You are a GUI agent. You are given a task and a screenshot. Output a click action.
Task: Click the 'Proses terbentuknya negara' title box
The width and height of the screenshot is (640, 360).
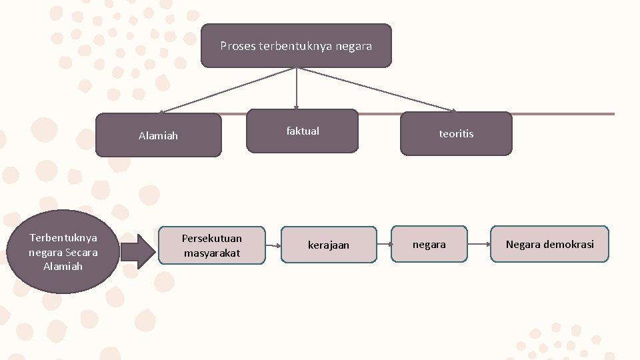(296, 46)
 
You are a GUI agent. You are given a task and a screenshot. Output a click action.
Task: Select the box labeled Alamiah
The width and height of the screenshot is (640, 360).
(158, 135)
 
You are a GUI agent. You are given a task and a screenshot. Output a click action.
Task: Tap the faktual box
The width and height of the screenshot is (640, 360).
(303, 131)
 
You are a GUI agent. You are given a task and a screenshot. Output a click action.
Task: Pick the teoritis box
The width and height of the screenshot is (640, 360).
(456, 133)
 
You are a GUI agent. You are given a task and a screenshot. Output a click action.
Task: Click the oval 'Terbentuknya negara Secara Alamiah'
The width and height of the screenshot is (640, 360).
(63, 251)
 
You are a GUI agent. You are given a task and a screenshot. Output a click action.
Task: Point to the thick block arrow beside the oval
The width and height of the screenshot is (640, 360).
(138, 251)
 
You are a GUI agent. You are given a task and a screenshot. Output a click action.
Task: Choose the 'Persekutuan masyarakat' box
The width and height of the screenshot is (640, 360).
(212, 245)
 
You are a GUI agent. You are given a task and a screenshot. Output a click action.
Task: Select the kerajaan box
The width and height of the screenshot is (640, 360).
(328, 245)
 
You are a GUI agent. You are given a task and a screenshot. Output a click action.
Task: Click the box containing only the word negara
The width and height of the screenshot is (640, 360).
(429, 244)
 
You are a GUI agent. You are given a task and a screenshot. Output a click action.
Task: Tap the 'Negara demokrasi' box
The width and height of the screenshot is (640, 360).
(549, 244)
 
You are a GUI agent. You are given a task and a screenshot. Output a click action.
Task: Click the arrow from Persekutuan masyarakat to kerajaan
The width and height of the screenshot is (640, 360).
(273, 245)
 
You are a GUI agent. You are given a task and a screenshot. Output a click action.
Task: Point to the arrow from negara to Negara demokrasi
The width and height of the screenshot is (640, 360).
(479, 244)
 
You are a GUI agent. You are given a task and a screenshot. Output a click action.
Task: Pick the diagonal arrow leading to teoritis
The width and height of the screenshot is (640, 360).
(377, 89)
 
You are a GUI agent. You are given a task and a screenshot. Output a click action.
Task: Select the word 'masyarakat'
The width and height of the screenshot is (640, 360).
(212, 253)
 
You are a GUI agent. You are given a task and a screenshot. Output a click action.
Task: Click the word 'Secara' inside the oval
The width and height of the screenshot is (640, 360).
(81, 252)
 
